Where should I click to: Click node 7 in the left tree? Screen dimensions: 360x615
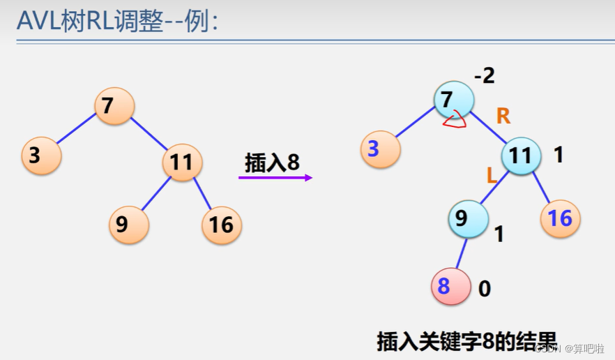(x=114, y=106)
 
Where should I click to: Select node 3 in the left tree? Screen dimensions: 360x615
(x=41, y=156)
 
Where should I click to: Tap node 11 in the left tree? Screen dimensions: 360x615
(x=182, y=163)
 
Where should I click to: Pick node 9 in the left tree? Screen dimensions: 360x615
(x=129, y=224)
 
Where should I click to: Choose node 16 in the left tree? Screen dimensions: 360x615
(x=222, y=224)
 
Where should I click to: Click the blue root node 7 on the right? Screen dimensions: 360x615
(x=453, y=100)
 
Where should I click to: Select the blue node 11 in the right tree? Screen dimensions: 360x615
(x=521, y=156)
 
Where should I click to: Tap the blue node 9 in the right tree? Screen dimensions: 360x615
(x=467, y=219)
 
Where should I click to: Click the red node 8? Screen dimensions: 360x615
(x=451, y=285)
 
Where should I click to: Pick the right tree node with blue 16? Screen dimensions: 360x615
(x=560, y=219)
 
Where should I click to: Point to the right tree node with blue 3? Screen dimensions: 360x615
(x=380, y=149)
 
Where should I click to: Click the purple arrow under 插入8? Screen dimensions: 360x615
(x=275, y=178)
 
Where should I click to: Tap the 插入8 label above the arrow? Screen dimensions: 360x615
(x=272, y=163)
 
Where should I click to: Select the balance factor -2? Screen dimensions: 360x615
(x=484, y=75)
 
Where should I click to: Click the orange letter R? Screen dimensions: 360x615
(x=503, y=117)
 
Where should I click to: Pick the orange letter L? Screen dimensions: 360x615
(x=492, y=176)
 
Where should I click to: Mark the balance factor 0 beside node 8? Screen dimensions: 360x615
(x=485, y=288)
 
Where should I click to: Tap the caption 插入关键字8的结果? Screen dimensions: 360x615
(x=467, y=341)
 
